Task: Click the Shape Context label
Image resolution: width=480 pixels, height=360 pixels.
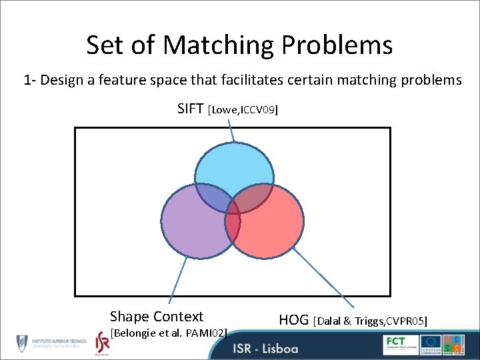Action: pos(157,317)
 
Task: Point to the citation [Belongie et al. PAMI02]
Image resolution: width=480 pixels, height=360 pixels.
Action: pos(169,333)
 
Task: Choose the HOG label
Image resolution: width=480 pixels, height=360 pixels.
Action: pos(293,320)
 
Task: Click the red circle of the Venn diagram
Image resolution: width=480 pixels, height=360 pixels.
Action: pos(273,230)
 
